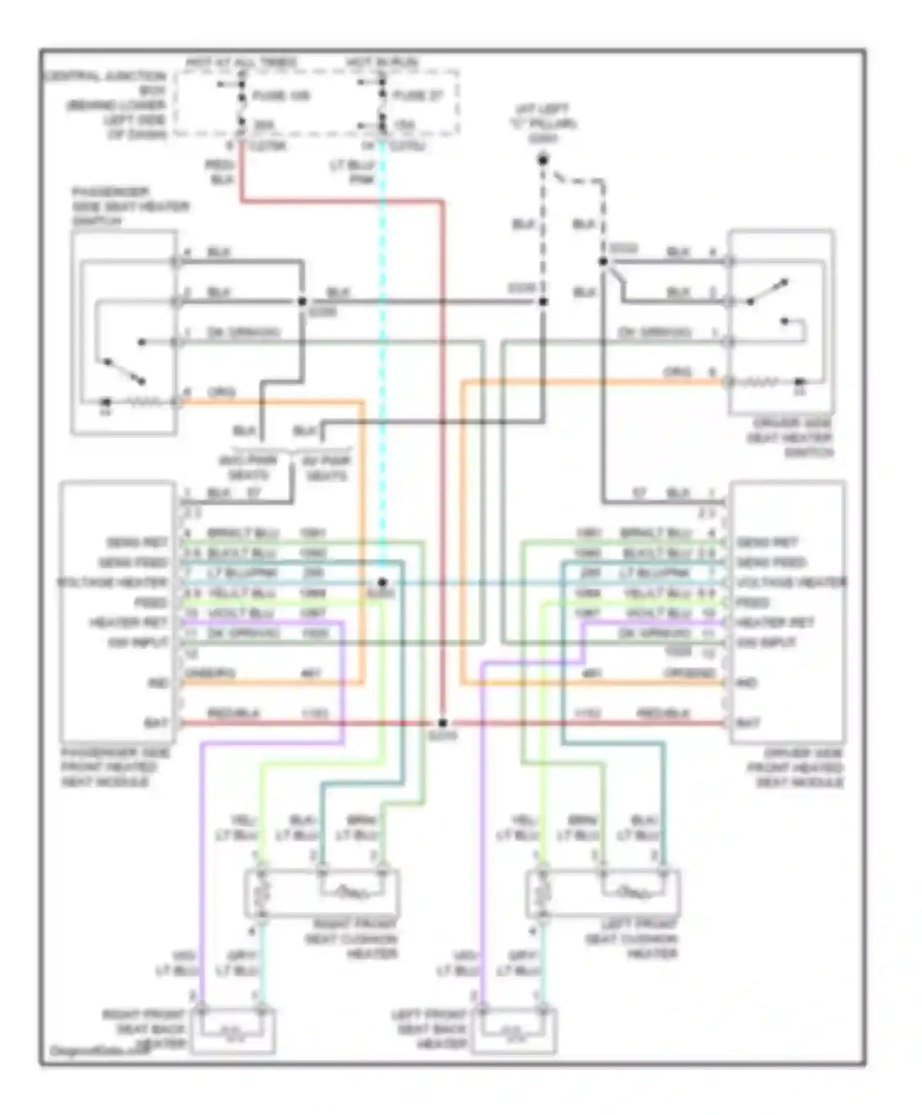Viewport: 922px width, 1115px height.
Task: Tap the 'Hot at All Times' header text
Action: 241,63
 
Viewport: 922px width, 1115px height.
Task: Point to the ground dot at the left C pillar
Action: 543,161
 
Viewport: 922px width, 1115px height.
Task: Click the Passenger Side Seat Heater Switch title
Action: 130,207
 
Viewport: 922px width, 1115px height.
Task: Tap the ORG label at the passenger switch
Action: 221,392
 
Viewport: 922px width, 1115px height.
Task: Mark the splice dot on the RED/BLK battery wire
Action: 443,723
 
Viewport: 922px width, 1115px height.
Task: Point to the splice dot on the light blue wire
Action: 382,582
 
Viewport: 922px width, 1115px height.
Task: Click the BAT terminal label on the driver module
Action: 747,723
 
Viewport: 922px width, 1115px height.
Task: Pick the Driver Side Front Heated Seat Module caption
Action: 795,768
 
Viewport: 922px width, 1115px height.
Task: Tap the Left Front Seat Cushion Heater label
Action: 632,939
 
